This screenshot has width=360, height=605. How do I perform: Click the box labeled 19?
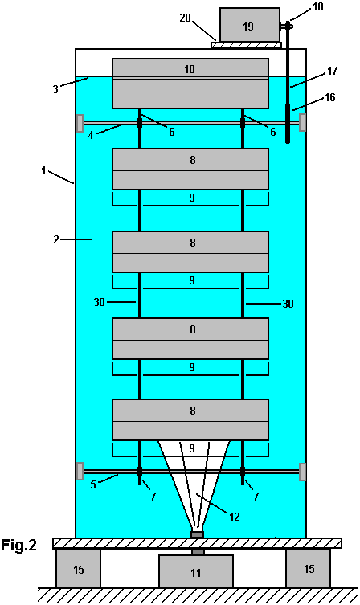coord(250,25)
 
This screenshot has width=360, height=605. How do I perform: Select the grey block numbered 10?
coord(190,84)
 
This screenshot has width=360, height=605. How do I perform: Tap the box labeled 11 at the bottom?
coord(196,571)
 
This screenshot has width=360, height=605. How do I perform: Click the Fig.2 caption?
coord(18,545)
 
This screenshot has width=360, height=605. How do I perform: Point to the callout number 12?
coord(235,517)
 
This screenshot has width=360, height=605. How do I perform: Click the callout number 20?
coord(185,18)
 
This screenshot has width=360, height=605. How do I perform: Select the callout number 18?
coord(318,6)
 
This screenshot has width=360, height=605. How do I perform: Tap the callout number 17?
coord(332,71)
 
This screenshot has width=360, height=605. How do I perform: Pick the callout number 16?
coord(330,97)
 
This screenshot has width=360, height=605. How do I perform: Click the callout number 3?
coord(55,89)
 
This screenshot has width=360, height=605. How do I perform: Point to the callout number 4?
coord(91,135)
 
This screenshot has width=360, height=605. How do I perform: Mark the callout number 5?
coord(93,484)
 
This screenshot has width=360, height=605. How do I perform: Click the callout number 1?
coord(44,170)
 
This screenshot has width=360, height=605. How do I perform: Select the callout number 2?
coord(56,239)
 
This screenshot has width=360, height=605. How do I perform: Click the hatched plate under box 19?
coord(246,45)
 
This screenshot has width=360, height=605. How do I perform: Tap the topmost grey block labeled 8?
coord(190,169)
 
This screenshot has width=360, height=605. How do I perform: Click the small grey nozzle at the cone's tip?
coord(197,535)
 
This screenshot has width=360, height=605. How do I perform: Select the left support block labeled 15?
coord(78,568)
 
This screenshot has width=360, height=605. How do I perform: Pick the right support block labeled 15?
coord(309,568)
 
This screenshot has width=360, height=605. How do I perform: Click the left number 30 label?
coord(99,302)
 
